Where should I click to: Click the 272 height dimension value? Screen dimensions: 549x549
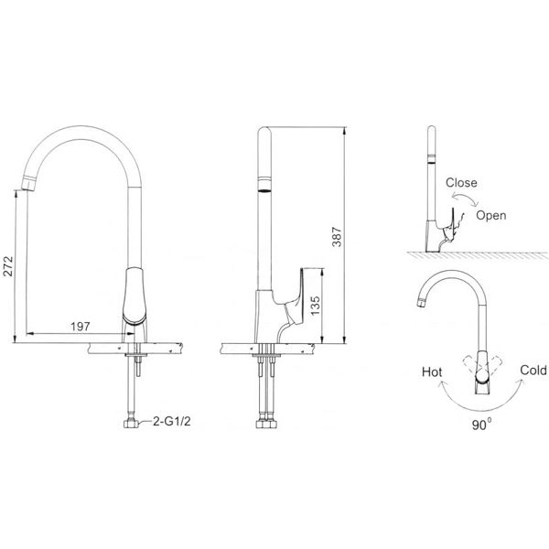tap(8, 266)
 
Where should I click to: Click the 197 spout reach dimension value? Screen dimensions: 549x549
tap(81, 327)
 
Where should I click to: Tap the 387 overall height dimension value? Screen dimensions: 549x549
tap(337, 237)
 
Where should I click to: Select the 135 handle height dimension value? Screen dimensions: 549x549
tap(315, 306)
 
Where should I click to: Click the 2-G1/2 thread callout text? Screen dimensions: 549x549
tap(172, 421)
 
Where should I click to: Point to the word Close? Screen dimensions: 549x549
tap(461, 182)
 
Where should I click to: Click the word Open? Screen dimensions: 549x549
tap(490, 215)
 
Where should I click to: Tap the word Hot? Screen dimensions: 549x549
tap(432, 371)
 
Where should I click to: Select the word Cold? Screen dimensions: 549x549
tap(533, 370)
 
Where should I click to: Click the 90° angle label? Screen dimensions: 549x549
tap(481, 425)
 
